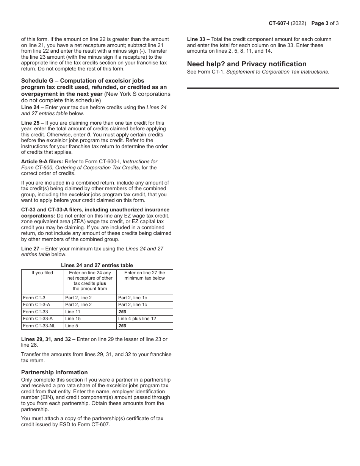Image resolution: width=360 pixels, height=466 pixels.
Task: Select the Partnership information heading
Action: pos(54,372)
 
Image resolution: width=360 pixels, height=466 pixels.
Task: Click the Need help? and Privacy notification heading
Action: pos(247,64)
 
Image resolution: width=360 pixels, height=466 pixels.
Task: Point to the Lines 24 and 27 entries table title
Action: pos(97,265)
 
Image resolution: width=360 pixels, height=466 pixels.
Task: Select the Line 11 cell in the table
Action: pos(73,312)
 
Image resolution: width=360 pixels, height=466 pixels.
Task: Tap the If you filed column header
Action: pos(42,273)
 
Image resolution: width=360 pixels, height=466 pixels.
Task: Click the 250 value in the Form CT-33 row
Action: pos(122,312)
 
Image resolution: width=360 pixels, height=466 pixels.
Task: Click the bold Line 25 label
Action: pos(32,123)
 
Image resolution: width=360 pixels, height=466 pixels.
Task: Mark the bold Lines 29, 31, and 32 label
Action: pos(48,339)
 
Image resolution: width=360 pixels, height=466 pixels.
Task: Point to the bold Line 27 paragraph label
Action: pos(32,249)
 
